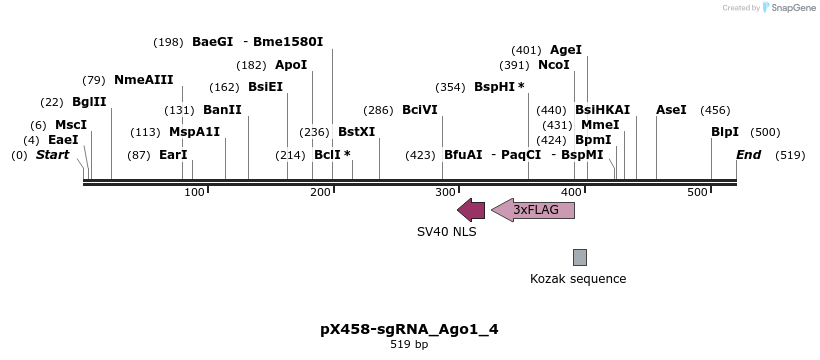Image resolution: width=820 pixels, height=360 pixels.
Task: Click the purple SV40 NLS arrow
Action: [x=471, y=210]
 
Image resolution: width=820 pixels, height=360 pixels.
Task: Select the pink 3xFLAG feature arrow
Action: [x=533, y=210]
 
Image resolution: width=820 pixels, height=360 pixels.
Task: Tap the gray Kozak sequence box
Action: [x=579, y=257]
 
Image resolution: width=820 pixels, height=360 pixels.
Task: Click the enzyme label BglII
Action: [x=89, y=102]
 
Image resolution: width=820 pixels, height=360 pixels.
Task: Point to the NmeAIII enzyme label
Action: [x=143, y=80]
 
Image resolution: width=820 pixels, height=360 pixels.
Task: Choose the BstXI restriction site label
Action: [x=356, y=132]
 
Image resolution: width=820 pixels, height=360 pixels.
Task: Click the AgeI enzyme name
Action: [x=566, y=50]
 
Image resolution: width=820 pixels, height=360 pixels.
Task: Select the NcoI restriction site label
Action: [x=554, y=65]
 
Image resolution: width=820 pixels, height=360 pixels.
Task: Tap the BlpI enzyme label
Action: [x=725, y=132]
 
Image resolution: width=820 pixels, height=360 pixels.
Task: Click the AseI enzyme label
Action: [x=671, y=110]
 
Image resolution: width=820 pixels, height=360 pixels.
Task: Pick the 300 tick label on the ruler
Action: [x=446, y=192]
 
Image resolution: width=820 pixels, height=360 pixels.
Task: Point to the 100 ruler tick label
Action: [x=194, y=192]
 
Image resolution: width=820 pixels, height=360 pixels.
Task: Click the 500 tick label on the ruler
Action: [x=697, y=192]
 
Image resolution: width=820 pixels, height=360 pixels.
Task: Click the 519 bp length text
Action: [x=409, y=345]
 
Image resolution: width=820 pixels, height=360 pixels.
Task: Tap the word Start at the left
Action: [x=53, y=155]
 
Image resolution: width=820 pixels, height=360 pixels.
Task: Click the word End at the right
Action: [x=748, y=155]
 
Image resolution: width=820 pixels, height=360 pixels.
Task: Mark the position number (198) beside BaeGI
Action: [x=168, y=42]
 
